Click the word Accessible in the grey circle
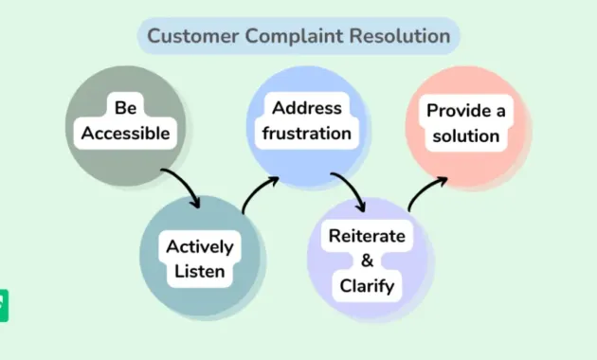coord(125,134)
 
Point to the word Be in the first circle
coord(125,108)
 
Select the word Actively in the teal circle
coord(199,246)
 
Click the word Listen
coord(199,272)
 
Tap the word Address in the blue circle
coord(306,108)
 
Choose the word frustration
coord(306,134)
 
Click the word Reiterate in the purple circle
coord(366,235)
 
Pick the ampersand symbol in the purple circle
coord(366,261)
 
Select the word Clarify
coord(366,285)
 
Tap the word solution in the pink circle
coord(465,135)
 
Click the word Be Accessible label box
coord(125,121)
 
